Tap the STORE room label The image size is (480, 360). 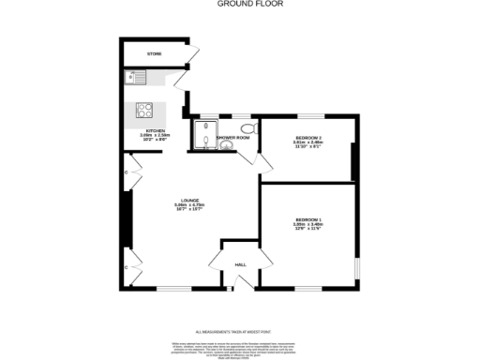click(154, 54)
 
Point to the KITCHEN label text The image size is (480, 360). click(155, 130)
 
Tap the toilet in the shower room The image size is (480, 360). click(247, 127)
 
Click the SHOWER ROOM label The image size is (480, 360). click(232, 138)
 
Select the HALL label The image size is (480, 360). click(239, 265)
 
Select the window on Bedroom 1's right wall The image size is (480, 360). click(356, 269)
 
